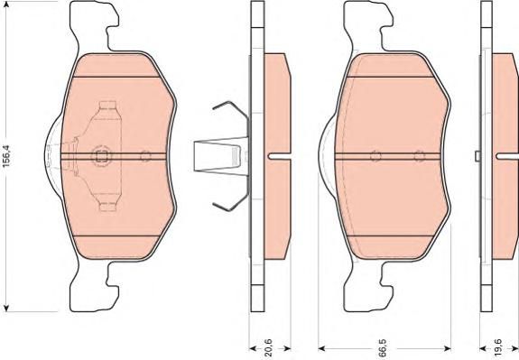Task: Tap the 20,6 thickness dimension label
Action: click(269, 346)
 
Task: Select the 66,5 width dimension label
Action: click(384, 346)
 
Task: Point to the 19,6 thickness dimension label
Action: click(499, 346)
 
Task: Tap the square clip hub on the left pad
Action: click(101, 156)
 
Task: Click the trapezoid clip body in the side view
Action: click(221, 155)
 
